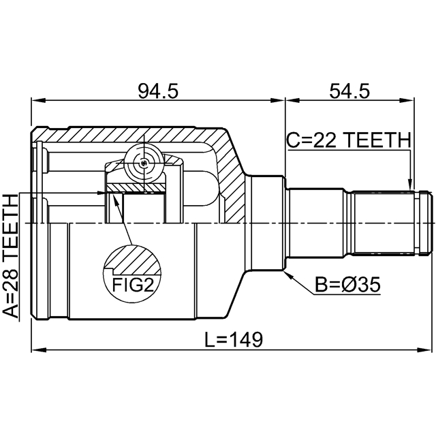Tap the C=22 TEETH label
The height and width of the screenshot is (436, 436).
click(348, 140)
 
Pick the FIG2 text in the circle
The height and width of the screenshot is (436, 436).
click(131, 284)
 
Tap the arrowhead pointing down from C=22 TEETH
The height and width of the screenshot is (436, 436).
click(409, 184)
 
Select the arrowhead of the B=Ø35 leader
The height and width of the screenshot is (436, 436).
click(288, 273)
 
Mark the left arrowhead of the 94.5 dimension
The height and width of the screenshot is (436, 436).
click(35, 103)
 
